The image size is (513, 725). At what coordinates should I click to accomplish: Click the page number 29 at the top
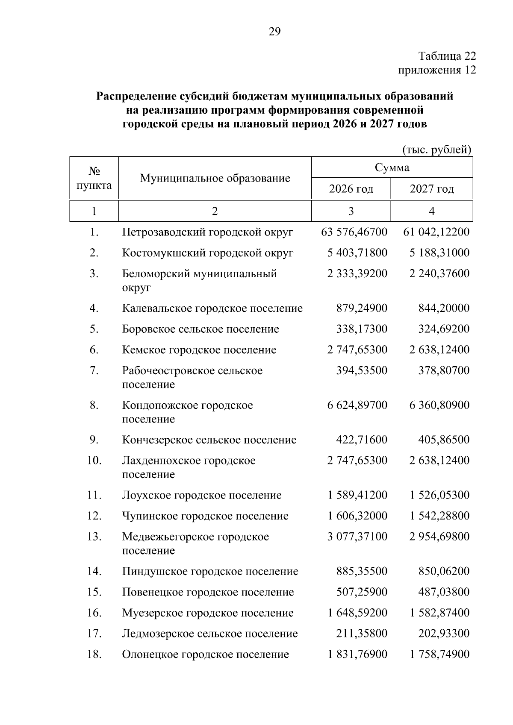click(x=274, y=32)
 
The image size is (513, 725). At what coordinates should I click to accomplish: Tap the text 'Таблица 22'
click(x=447, y=56)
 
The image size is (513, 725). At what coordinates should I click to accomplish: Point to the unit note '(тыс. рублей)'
click(x=436, y=150)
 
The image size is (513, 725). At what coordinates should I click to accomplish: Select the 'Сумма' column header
click(x=392, y=167)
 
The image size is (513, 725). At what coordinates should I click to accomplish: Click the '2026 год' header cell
click(x=351, y=189)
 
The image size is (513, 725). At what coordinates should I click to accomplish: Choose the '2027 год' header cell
click(x=432, y=189)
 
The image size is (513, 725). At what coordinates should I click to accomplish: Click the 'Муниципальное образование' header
click(x=215, y=178)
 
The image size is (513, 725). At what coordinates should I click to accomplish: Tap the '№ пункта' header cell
click(x=94, y=178)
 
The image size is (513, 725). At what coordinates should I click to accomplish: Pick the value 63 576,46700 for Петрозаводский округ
click(x=354, y=232)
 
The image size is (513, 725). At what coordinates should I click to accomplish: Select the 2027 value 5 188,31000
click(x=439, y=253)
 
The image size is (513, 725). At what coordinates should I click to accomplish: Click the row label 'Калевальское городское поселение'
click(x=212, y=308)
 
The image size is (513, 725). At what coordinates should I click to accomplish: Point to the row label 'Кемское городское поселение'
click(x=199, y=350)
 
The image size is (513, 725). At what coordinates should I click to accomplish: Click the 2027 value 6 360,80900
click(x=439, y=405)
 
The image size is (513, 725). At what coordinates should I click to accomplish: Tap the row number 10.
click(x=94, y=461)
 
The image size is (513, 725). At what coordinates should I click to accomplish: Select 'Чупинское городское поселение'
click(x=205, y=516)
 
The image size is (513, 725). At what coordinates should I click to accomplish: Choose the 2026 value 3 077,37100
click(x=357, y=537)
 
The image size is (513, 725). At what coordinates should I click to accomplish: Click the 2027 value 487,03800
click(x=444, y=592)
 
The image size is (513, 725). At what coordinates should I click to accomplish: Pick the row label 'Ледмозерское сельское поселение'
click(x=209, y=634)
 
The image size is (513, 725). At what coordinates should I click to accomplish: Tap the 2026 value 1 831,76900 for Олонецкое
click(x=357, y=655)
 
